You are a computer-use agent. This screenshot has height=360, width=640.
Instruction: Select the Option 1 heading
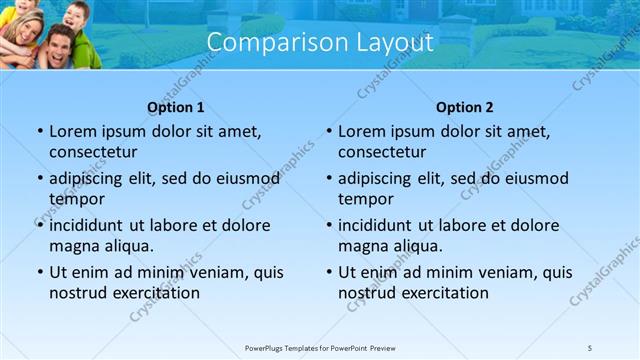point(176,107)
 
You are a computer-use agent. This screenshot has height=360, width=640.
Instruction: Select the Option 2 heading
point(465,107)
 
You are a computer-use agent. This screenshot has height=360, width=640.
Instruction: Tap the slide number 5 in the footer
point(590,346)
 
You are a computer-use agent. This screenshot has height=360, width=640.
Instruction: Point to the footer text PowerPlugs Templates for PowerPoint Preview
point(320,346)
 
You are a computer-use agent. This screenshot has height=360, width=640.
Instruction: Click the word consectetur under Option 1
point(93,152)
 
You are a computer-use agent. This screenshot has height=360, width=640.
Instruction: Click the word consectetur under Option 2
point(382,152)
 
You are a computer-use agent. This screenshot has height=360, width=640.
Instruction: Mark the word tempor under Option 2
point(366,199)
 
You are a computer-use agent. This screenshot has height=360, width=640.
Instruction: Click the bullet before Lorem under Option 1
point(39,131)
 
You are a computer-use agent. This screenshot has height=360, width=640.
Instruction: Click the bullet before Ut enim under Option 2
point(328,272)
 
